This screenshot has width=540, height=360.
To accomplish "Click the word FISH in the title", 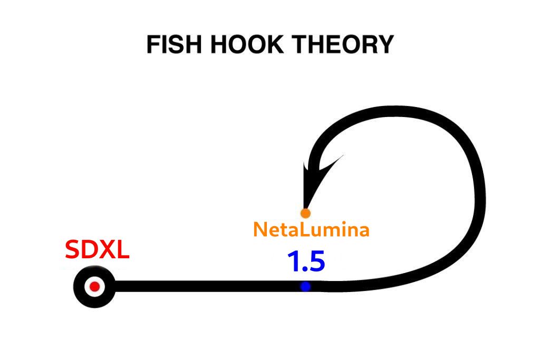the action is coord(174,44).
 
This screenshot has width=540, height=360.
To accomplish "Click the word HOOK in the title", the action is coord(247,44).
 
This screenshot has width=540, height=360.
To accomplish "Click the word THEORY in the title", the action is coord(343,44).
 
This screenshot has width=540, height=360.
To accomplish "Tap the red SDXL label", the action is coord(97,250).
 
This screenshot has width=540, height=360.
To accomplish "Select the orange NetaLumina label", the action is coord(311,230).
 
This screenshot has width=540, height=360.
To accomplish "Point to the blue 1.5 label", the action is coord(306,261).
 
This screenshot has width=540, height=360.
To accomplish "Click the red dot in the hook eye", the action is coord(95,286).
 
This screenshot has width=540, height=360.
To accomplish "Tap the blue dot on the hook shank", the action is coord(305,286).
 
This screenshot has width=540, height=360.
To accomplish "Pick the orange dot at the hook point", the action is coord(305,213).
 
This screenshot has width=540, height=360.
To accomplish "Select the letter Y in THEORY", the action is coord(385,44).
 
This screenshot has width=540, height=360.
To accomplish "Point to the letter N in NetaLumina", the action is coord(260,230).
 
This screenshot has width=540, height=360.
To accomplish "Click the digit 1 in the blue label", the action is coord(293,261).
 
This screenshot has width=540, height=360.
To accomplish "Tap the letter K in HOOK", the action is coord(274,44).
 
